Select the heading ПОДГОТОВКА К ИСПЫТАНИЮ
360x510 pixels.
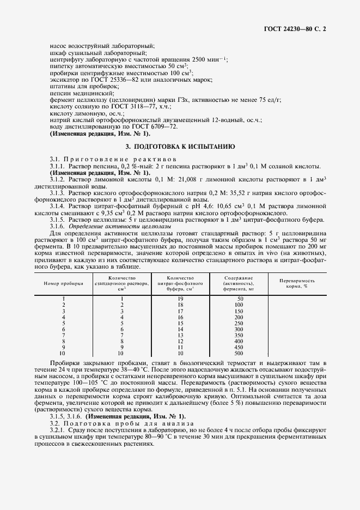click(x=180, y=147)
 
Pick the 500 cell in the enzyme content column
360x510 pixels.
click(x=239, y=353)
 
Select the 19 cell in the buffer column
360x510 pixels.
click(x=180, y=299)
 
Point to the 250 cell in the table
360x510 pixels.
click(x=239, y=323)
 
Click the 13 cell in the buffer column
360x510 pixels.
click(x=180, y=335)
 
